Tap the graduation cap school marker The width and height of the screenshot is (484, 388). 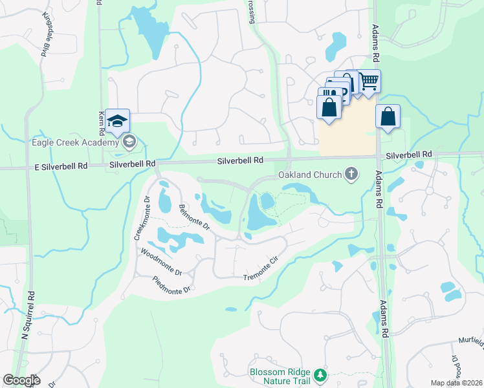click(118, 121)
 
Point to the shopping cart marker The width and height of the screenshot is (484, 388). click(369, 82)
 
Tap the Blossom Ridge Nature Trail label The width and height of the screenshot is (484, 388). click(280, 376)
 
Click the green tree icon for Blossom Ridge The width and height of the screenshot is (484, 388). click(319, 375)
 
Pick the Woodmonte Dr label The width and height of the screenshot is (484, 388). click(161, 263)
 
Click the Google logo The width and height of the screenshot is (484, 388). click(21, 380)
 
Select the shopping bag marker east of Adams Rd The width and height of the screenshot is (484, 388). click(388, 117)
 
